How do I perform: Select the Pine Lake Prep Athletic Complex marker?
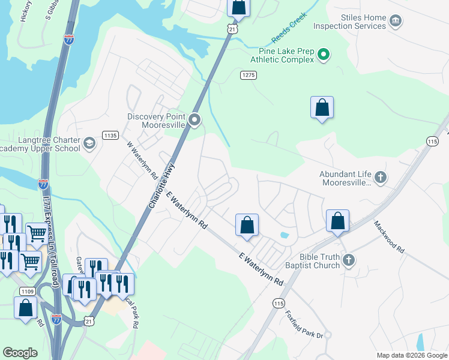pos(324,55)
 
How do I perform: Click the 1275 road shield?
pos(249,75)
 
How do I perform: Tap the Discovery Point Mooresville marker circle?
pos(194,121)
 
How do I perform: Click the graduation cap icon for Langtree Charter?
pos(89,143)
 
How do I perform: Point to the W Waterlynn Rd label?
pos(142,161)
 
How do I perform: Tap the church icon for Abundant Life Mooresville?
pos(380,178)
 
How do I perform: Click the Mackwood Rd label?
pos(389,236)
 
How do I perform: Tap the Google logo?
pos(20,353)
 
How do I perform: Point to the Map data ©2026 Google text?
pos(411,355)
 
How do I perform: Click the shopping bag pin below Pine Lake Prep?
pos(322,108)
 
